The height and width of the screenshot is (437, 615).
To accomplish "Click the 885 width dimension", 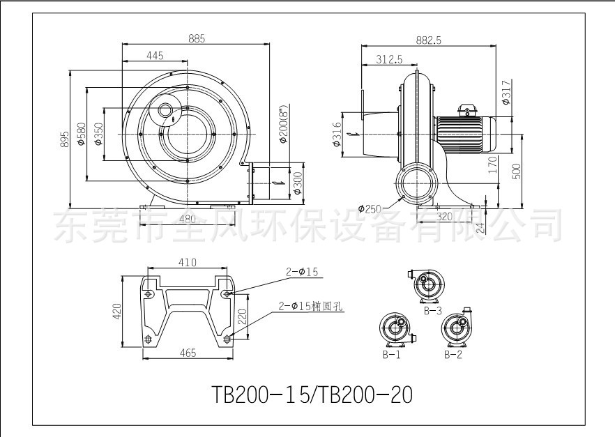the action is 197,38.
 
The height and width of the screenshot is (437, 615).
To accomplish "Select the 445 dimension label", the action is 155,56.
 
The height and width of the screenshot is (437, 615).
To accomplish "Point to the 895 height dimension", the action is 65,139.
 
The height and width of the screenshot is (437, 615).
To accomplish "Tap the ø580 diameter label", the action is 81,134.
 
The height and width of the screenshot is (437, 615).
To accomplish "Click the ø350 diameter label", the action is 98,134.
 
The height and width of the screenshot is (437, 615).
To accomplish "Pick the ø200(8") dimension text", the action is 283,124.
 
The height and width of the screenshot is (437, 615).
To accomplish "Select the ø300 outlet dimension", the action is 298,183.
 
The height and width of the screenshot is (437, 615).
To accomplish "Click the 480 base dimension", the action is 187,219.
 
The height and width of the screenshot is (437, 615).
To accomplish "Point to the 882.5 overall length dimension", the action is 429,40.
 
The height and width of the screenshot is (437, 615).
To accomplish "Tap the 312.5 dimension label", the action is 389,59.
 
